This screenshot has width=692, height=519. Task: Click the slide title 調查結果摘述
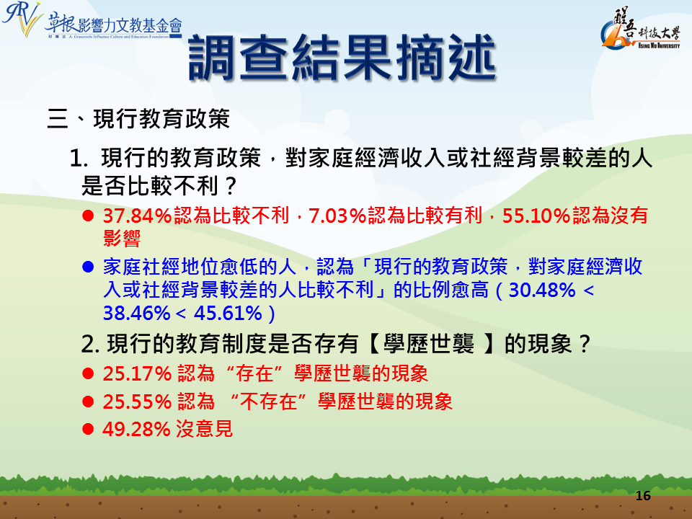pyautogui.click(x=342, y=58)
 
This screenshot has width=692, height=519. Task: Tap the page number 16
pyautogui.click(x=643, y=496)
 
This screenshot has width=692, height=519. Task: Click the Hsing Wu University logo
pyautogui.click(x=640, y=28)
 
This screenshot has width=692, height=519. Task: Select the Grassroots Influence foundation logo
pyautogui.click(x=92, y=21)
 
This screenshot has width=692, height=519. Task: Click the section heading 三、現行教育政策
pyautogui.click(x=138, y=119)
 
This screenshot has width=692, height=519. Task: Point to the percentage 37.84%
pyautogui.click(x=137, y=216)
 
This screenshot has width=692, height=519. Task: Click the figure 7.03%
pyautogui.click(x=337, y=216)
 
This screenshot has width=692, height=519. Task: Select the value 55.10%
pyautogui.click(x=536, y=216)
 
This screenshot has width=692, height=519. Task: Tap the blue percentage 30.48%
pyautogui.click(x=542, y=290)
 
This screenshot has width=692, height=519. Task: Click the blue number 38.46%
pyautogui.click(x=137, y=313)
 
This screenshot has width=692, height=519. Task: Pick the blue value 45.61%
pyautogui.click(x=229, y=313)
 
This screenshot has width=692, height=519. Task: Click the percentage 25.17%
pyautogui.click(x=137, y=373)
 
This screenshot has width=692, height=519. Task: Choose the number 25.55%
pyautogui.click(x=137, y=402)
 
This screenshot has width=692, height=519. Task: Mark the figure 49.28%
pyautogui.click(x=136, y=428)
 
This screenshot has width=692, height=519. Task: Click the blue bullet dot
pyautogui.click(x=88, y=267)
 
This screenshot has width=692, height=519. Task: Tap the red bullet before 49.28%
pyautogui.click(x=88, y=429)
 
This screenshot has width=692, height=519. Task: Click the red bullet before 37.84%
pyautogui.click(x=88, y=216)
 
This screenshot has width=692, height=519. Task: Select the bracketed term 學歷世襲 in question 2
pyautogui.click(x=428, y=343)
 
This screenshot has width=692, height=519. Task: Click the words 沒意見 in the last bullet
pyautogui.click(x=204, y=428)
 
